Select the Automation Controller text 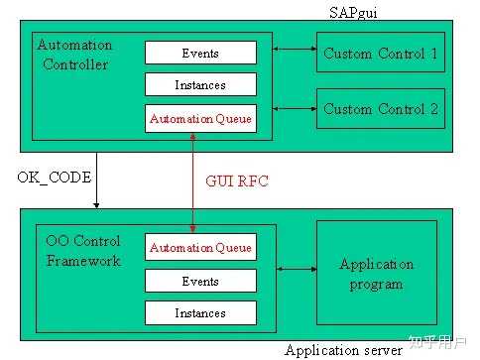(74, 55)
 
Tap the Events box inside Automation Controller (200, 53)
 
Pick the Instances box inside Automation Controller (200, 85)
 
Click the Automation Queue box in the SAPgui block (200, 118)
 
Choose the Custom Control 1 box (380, 54)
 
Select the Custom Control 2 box (380, 109)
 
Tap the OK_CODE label (55, 178)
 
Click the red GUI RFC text (236, 182)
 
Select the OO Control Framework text (83, 251)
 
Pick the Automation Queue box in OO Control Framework (200, 248)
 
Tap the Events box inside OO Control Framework (200, 281)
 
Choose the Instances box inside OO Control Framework (200, 313)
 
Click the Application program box (376, 275)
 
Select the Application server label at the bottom (343, 349)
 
